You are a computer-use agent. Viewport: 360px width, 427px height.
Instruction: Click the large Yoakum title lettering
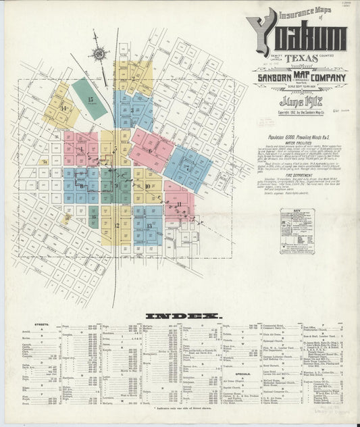[x=297, y=36]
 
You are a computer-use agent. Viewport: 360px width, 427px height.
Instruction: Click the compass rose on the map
[x=100, y=53]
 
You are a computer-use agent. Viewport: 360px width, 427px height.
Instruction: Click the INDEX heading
[x=184, y=316]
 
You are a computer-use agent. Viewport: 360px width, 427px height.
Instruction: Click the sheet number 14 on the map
[x=63, y=108]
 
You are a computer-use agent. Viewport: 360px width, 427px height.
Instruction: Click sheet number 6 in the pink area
[x=149, y=151]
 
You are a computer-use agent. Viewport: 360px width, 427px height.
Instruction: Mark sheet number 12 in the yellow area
[x=116, y=226]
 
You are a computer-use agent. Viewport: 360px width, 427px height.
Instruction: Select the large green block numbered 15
[x=90, y=99]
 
